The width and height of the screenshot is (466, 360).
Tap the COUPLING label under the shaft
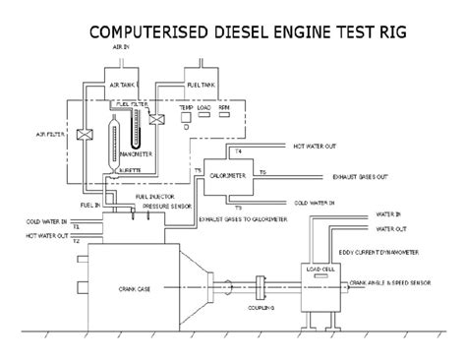coord(261,308)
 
